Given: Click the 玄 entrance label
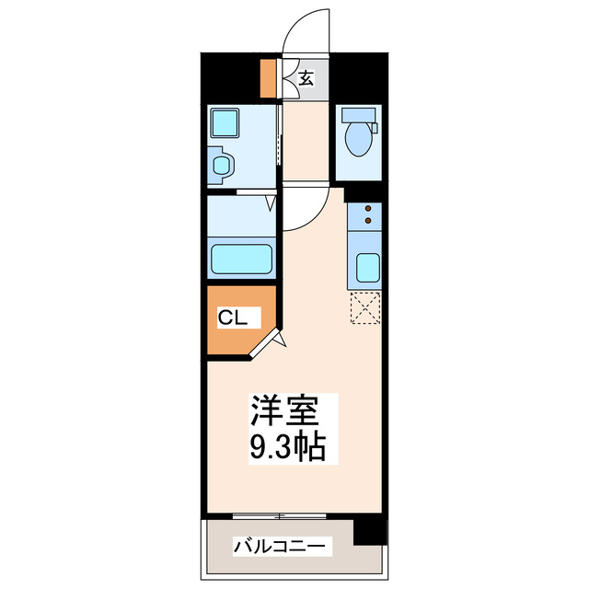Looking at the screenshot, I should pyautogui.click(x=306, y=78).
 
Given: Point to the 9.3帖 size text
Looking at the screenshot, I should pyautogui.click(x=286, y=448).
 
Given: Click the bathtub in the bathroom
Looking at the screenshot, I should pyautogui.click(x=242, y=259).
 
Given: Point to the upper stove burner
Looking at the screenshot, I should pyautogui.click(x=367, y=208).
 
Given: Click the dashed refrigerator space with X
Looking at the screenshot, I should pyautogui.click(x=365, y=309).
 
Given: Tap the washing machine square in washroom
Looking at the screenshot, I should pyautogui.click(x=224, y=122).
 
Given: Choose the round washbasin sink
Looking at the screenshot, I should pyautogui.click(x=222, y=166).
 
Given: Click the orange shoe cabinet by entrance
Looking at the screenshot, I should pyautogui.click(x=269, y=78).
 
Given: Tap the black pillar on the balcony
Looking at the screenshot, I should pyautogui.click(x=369, y=530).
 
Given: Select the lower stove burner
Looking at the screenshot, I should pyautogui.click(x=367, y=221).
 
